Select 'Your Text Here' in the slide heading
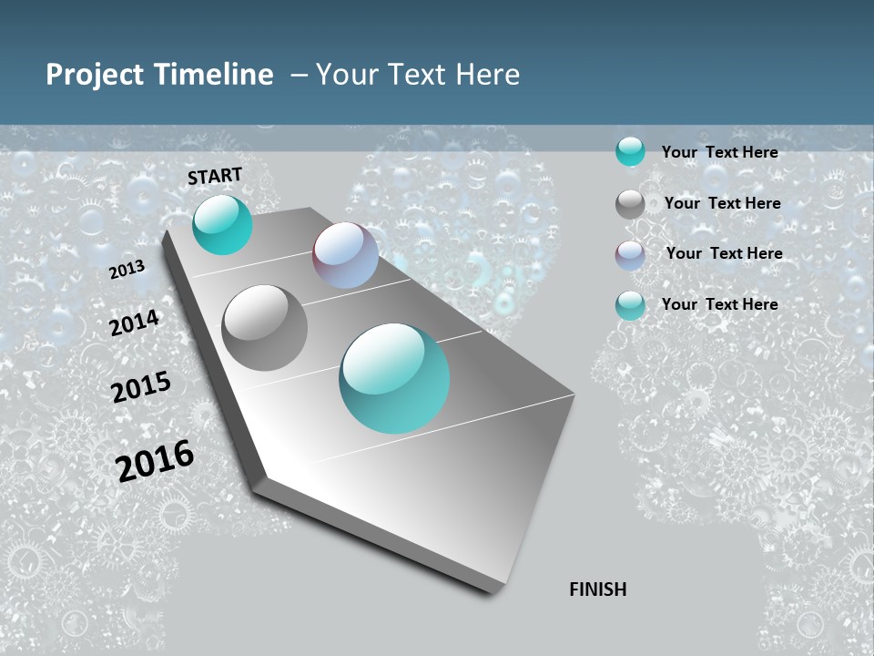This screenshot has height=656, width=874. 418,75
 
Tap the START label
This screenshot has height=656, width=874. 215,176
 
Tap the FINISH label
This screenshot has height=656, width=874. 597,589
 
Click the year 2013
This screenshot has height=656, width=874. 127,270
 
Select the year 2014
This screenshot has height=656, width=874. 134,323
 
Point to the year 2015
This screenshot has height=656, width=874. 141,386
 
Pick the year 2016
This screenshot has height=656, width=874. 155,460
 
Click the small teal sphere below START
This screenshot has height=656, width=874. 222,225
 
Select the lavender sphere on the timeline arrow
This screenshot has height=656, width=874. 345,255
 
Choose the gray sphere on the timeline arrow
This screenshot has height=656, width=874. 265,328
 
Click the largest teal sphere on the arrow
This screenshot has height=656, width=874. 394,378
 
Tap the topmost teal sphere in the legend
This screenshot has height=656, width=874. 630,151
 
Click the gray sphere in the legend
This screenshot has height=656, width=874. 630,204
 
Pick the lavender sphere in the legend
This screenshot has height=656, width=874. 630,255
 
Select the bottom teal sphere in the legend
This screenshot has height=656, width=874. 630,305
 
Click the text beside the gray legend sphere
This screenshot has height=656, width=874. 722,203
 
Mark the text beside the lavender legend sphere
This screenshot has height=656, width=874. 724,253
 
